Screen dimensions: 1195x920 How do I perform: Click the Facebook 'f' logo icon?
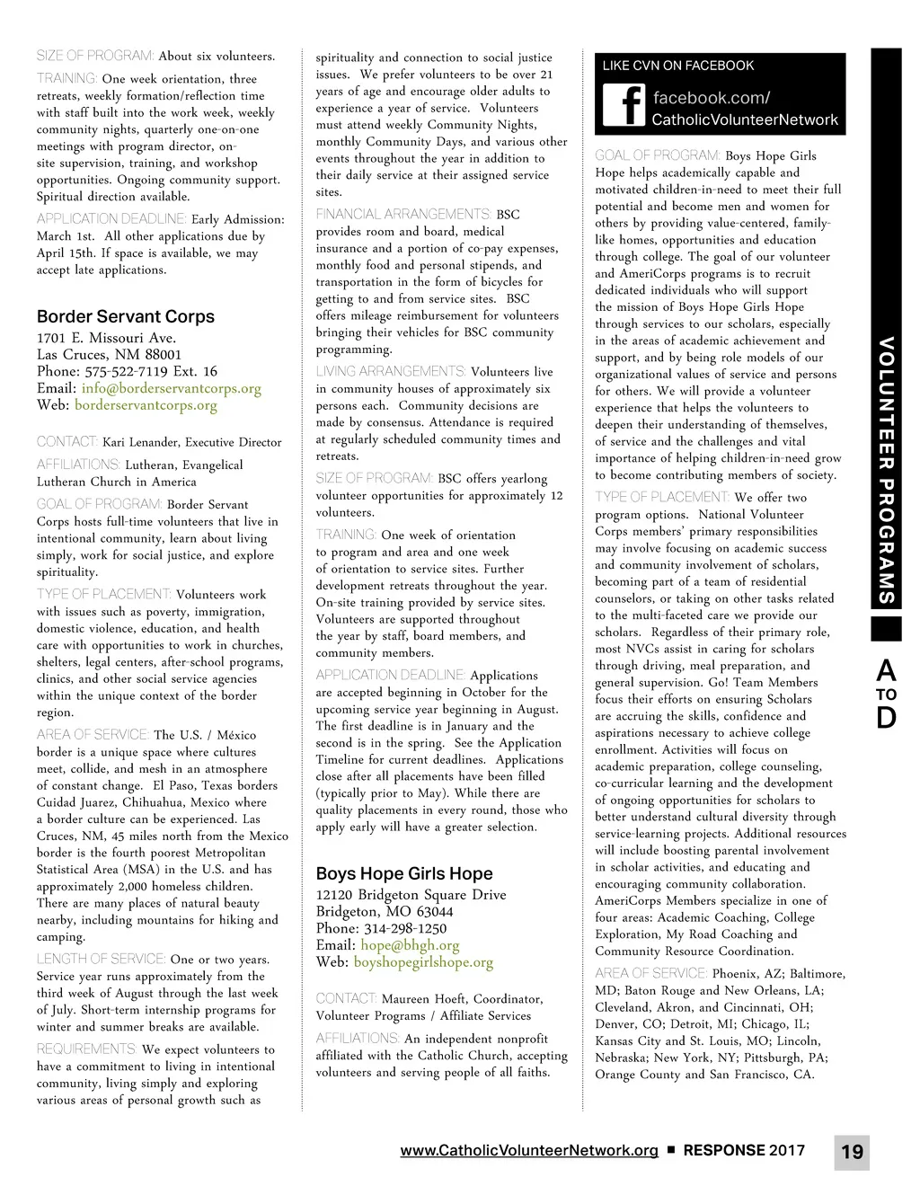(x=624, y=106)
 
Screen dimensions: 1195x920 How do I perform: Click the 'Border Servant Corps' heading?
(x=126, y=316)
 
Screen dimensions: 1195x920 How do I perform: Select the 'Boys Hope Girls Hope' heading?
(x=404, y=873)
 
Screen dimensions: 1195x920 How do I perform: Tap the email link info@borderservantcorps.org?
(x=171, y=388)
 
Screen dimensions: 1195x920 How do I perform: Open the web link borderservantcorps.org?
(x=146, y=405)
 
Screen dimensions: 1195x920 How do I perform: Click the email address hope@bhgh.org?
(x=410, y=945)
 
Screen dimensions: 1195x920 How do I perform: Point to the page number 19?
(x=852, y=1152)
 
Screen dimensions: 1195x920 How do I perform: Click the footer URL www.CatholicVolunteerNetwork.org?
(x=529, y=1150)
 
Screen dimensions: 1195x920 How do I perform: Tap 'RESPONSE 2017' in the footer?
(x=744, y=1150)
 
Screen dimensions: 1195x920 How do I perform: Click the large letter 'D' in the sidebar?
(x=886, y=718)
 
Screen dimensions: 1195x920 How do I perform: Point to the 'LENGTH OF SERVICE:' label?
(x=101, y=960)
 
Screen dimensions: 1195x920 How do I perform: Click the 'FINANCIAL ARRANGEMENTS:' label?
(x=403, y=215)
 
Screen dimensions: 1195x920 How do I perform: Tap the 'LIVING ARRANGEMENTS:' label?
(x=391, y=372)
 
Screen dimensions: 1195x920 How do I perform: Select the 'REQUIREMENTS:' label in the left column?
(x=87, y=1049)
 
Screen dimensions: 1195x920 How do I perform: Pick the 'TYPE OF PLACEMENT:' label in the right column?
(x=662, y=498)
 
